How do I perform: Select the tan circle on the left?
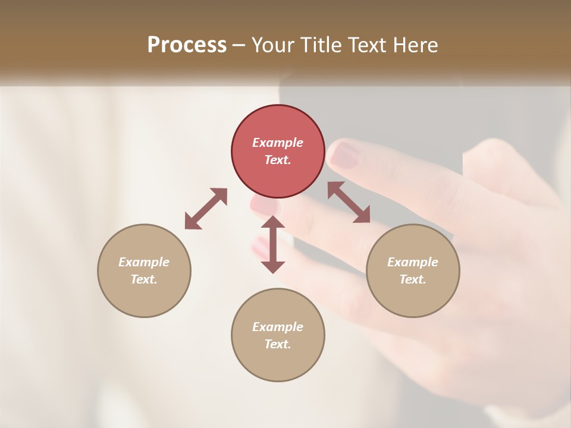click(144, 270)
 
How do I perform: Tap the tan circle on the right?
click(413, 270)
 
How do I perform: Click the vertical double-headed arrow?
click(273, 244)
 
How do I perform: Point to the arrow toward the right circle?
click(349, 203)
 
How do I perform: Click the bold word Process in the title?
click(187, 45)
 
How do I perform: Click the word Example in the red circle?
click(278, 143)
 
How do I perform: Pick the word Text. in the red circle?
click(278, 160)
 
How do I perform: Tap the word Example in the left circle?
click(144, 262)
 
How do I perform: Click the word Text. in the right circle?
click(413, 279)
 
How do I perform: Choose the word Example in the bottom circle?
click(278, 327)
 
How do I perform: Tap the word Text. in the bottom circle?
click(278, 344)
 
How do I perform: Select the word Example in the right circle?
click(413, 262)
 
